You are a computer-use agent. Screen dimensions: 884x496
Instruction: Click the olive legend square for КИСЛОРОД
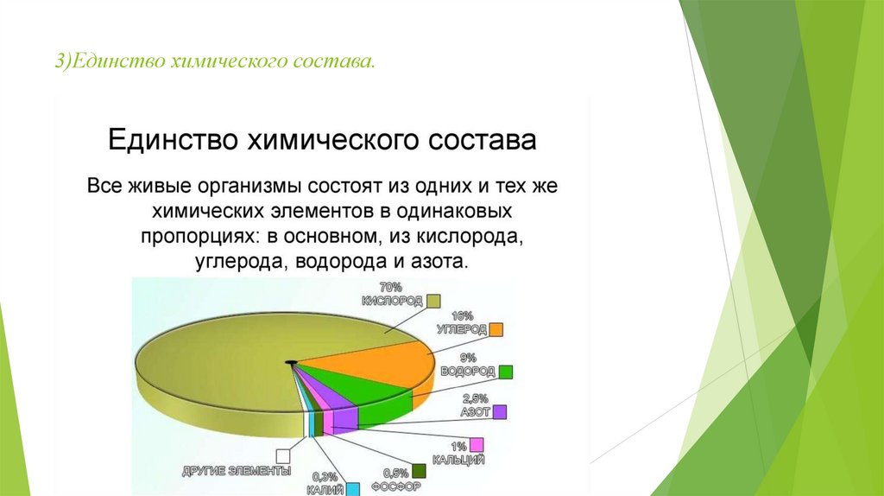(x=433, y=301)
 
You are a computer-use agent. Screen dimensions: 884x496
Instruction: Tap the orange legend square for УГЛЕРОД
(x=496, y=329)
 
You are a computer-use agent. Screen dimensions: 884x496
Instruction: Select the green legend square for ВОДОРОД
(x=505, y=372)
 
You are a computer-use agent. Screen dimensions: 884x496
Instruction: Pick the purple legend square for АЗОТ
(x=500, y=412)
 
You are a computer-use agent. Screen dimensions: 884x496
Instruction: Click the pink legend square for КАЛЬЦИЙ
(x=477, y=445)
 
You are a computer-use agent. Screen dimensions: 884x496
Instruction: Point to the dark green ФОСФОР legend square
(x=419, y=471)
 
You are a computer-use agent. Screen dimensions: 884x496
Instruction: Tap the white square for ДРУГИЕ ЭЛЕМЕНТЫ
(x=283, y=456)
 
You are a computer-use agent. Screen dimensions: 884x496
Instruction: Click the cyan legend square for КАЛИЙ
(x=352, y=489)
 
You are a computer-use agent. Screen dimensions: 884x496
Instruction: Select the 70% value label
(x=391, y=288)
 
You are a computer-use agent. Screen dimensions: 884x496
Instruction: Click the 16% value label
(x=463, y=316)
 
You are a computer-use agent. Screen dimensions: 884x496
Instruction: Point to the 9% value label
(x=468, y=358)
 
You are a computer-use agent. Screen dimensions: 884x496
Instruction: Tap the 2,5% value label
(x=476, y=399)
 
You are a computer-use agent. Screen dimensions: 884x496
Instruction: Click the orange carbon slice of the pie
(x=395, y=361)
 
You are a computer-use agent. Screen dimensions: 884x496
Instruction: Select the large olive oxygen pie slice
(x=225, y=366)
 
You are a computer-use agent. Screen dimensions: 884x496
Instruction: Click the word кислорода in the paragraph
(x=470, y=236)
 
